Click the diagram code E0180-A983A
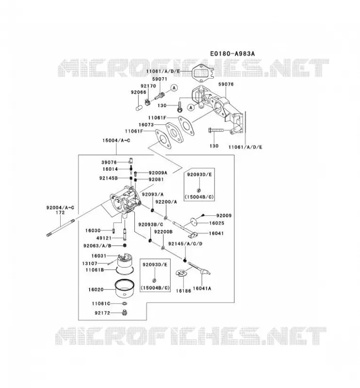point(232,54)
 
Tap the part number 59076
point(226,84)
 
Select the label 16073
point(146,125)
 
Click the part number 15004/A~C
point(116,141)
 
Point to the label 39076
point(109,162)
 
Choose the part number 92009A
point(158,173)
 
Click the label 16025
point(217,223)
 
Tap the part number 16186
point(183,291)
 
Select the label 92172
point(102,313)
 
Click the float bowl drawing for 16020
point(125,289)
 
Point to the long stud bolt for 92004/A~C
point(61,227)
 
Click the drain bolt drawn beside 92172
point(125,313)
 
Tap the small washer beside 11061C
point(125,304)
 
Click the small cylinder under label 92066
point(139,107)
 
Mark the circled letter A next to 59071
point(174,88)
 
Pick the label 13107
point(90,263)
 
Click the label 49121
point(104,238)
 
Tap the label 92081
point(156,179)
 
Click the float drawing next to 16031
point(125,263)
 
